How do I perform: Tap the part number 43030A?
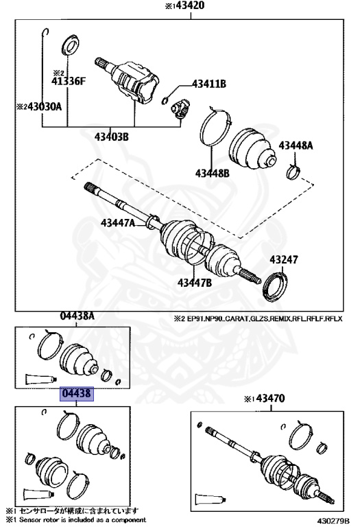click(39, 106)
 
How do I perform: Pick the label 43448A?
click(296, 145)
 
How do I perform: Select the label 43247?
click(283, 260)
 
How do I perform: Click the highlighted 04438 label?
click(77, 395)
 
